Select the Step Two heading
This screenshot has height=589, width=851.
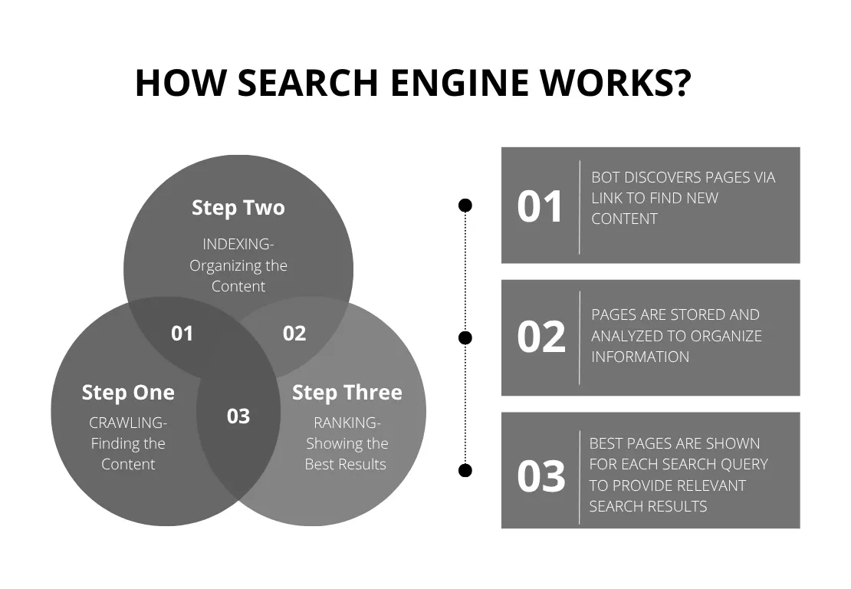[x=238, y=208]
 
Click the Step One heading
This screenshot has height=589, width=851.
[x=128, y=393]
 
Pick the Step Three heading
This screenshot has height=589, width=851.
[x=347, y=393]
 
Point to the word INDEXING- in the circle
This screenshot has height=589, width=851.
[x=238, y=244]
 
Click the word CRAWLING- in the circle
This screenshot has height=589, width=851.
[x=128, y=423]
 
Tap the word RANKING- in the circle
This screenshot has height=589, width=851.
[x=347, y=423]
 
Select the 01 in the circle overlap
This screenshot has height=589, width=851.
[x=182, y=334]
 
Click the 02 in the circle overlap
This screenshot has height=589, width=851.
[x=294, y=334]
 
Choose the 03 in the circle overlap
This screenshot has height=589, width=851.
[x=238, y=416]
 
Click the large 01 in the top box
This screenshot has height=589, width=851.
[x=540, y=207]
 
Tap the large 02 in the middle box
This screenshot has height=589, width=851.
[x=541, y=337]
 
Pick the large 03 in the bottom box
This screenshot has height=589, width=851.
[x=541, y=476]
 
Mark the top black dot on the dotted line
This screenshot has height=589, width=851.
[x=465, y=206]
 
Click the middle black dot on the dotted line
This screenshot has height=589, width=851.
[x=465, y=337]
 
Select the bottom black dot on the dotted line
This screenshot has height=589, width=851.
[x=465, y=470]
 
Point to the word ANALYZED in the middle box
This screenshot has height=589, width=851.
[x=625, y=336]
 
